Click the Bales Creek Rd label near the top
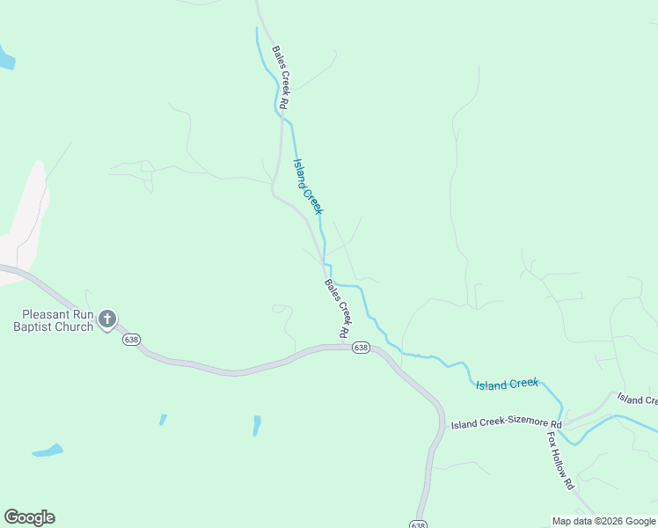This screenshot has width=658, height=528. coord(281,77)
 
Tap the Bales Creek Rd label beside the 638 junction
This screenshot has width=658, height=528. coord(338,308)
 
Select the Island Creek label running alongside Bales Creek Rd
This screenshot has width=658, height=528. coord(308,186)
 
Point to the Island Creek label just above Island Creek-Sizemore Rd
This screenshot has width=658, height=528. coord(507,384)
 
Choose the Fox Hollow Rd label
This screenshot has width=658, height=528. coord(560,460)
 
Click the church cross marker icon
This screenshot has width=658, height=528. coord(107,319)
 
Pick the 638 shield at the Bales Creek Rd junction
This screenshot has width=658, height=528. coord(361,348)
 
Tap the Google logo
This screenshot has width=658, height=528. coord(29,517)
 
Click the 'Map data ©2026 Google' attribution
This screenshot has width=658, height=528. coord(603,521)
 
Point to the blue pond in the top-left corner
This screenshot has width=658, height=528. coord(6,58)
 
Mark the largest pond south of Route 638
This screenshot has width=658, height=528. coord(48,451)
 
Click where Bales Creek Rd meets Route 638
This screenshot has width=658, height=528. coord(346,346)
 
